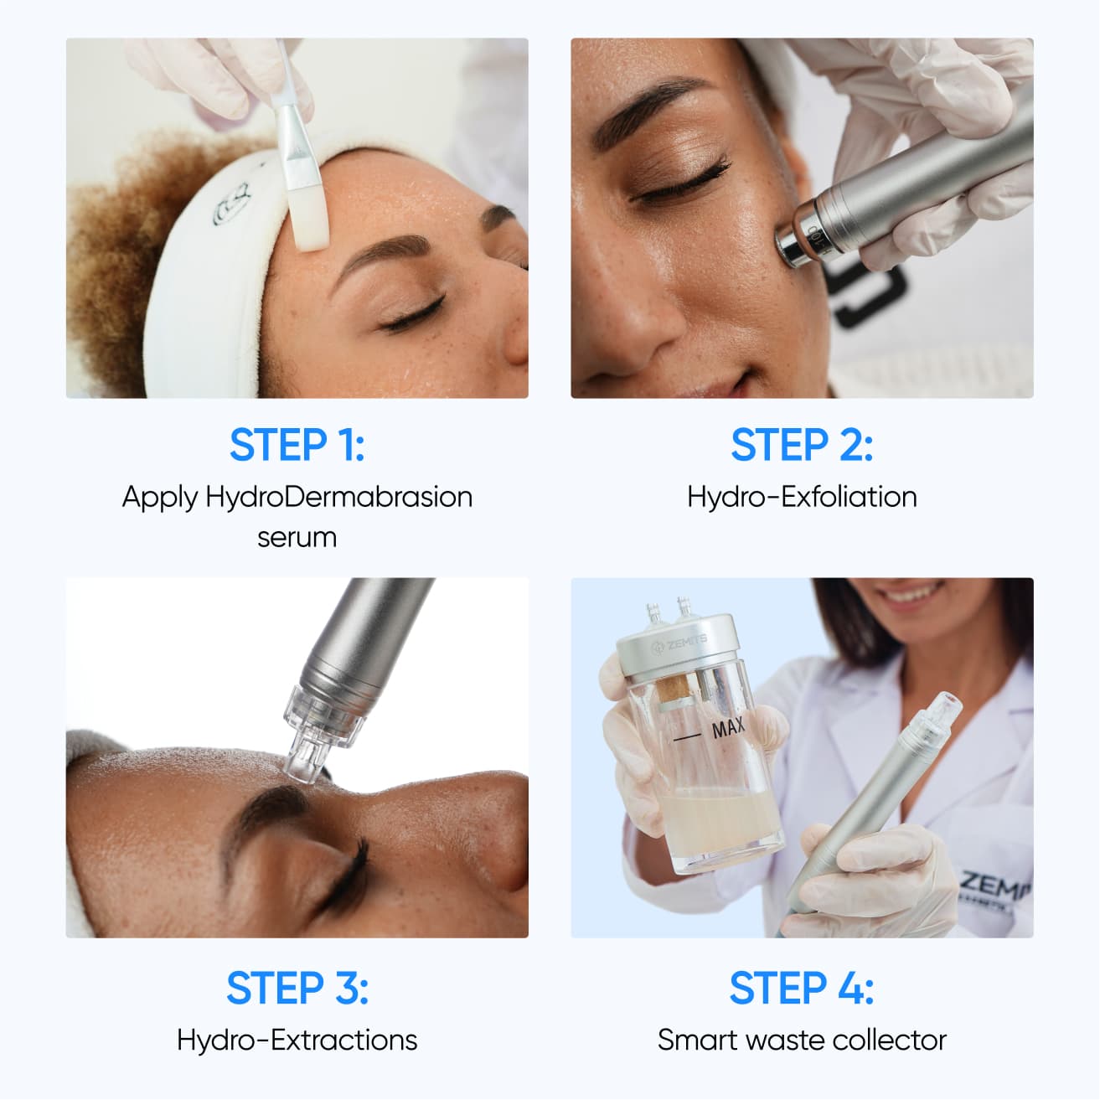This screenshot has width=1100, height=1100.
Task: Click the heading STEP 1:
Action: coord(297,445)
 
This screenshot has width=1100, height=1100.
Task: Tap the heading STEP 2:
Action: coord(802,445)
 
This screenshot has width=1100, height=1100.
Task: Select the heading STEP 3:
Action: coord(297,988)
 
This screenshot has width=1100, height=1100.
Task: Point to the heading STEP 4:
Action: coord(802,988)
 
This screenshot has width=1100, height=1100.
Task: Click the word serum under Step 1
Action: coord(297,537)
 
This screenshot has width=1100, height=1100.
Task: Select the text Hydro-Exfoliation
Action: coord(802,497)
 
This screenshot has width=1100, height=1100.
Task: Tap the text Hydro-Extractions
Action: coord(297,1040)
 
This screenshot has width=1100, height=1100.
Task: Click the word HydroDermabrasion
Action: coord(339,497)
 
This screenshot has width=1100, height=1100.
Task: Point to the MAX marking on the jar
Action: coord(727,729)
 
